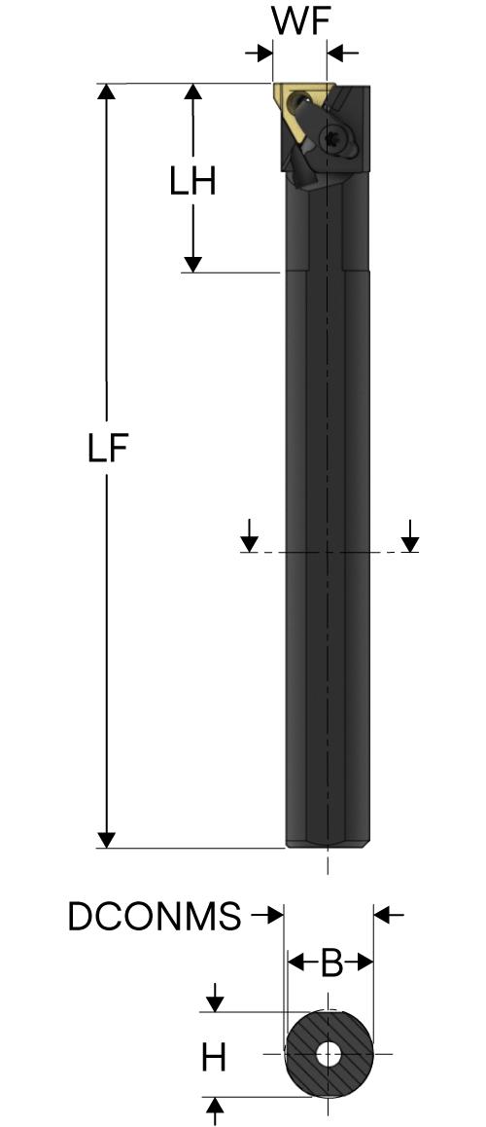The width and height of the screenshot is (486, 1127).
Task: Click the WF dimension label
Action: point(300,23)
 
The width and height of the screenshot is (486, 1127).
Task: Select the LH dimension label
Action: point(193,183)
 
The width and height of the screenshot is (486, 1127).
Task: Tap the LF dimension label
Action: point(108,450)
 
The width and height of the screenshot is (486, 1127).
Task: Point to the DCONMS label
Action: point(155,917)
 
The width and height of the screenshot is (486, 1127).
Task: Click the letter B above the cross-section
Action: point(330,963)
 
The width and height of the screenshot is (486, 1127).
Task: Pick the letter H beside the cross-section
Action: point(213,1058)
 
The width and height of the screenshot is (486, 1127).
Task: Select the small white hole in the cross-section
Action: point(329,1054)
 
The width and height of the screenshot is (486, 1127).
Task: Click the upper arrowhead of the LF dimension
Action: point(106,92)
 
